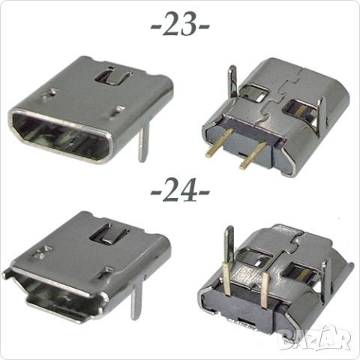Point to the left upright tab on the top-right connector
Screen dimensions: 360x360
tap(234, 82)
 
